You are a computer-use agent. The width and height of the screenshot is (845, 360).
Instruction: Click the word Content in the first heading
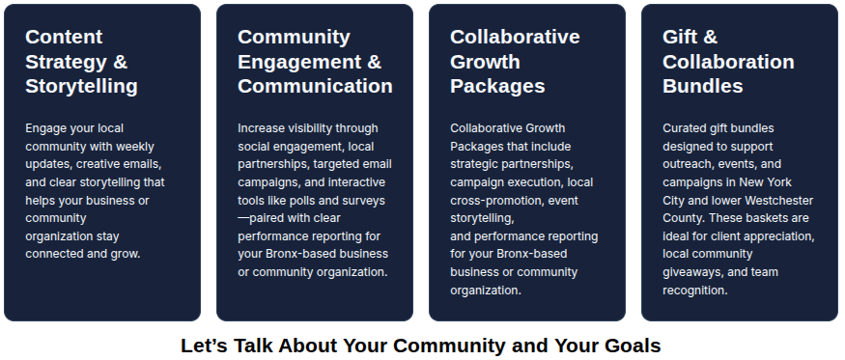pos(64,38)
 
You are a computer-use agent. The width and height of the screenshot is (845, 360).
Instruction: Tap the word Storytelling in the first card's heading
pos(81,86)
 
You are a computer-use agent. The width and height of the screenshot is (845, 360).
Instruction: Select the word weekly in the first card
pos(135,147)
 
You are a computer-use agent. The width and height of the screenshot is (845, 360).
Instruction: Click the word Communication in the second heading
pos(315,86)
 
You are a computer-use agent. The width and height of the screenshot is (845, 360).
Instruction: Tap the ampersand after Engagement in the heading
pos(374,62)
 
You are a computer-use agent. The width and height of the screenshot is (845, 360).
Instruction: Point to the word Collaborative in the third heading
pos(515,38)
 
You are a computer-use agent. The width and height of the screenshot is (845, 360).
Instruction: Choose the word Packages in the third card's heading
pos(497,86)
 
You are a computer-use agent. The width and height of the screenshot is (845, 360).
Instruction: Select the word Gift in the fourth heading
pos(680,38)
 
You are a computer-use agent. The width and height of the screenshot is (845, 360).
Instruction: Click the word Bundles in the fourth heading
pos(703,86)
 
